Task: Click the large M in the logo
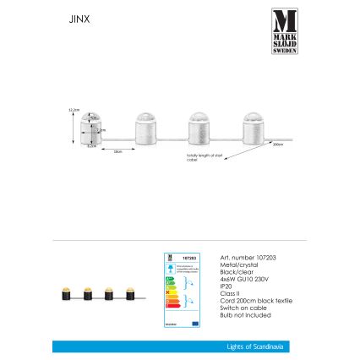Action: pyautogui.click(x=284, y=19)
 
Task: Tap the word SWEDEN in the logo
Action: pyautogui.click(x=284, y=49)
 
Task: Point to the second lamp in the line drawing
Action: pyautogui.click(x=145, y=129)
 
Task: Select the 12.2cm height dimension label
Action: pyautogui.click(x=74, y=109)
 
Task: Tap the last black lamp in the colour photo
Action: pyautogui.click(x=130, y=294)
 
